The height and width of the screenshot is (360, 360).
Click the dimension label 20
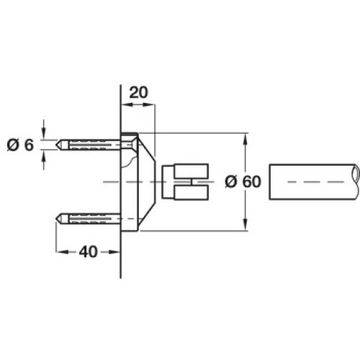[x=138, y=93]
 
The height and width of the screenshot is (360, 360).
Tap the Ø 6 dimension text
[x=20, y=145]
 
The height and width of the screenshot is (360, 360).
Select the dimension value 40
[x=88, y=252]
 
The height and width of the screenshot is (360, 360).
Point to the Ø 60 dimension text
[x=243, y=181]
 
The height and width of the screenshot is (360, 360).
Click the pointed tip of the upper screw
[x=56, y=145]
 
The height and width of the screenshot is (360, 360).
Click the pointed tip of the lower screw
[x=56, y=219]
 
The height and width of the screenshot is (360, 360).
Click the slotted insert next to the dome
[x=185, y=181]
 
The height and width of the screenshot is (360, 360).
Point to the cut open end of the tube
[x=356, y=174]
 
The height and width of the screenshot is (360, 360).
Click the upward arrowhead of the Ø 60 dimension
[x=245, y=139]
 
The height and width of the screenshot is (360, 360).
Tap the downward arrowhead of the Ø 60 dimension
[x=245, y=225]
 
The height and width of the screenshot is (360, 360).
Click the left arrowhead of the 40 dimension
[x=62, y=252]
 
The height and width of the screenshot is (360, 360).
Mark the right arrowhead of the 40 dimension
[x=114, y=252]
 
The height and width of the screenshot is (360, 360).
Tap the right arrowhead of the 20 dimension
[x=149, y=104]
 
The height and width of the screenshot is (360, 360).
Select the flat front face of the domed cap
[x=156, y=181]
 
